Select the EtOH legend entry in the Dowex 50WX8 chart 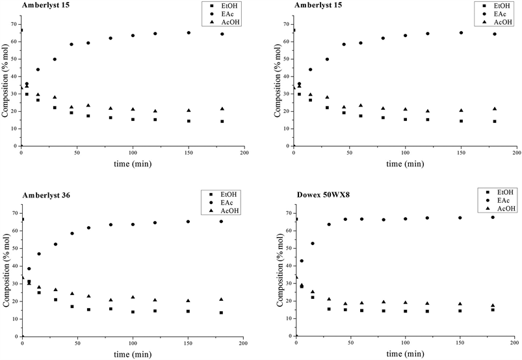click(504, 192)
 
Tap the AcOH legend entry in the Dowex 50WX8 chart click(506, 209)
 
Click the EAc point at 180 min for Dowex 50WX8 click(493, 217)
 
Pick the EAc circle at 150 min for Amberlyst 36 click(189, 222)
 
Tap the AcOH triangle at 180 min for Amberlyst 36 click(222, 300)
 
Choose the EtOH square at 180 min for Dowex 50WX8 click(493, 310)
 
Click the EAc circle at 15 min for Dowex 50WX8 click(313, 244)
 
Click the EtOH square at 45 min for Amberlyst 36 click(72, 307)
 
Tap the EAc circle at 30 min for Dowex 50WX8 click(329, 225)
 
